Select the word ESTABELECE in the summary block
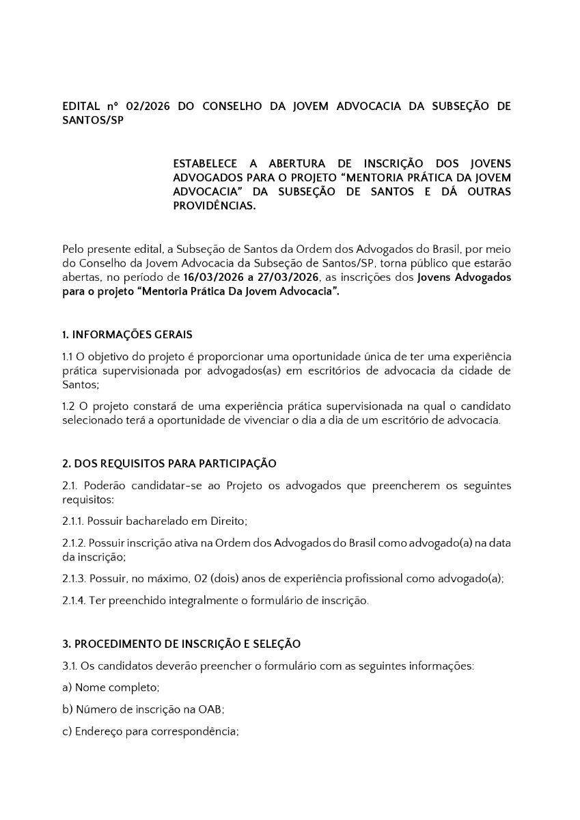(206, 164)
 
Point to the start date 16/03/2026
(212, 278)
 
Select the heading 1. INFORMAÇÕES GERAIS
(127, 335)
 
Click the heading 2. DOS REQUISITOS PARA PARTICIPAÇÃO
(169, 463)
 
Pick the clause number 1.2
(68, 407)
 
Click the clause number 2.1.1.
(72, 521)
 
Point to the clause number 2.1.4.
(73, 601)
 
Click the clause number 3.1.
(69, 666)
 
